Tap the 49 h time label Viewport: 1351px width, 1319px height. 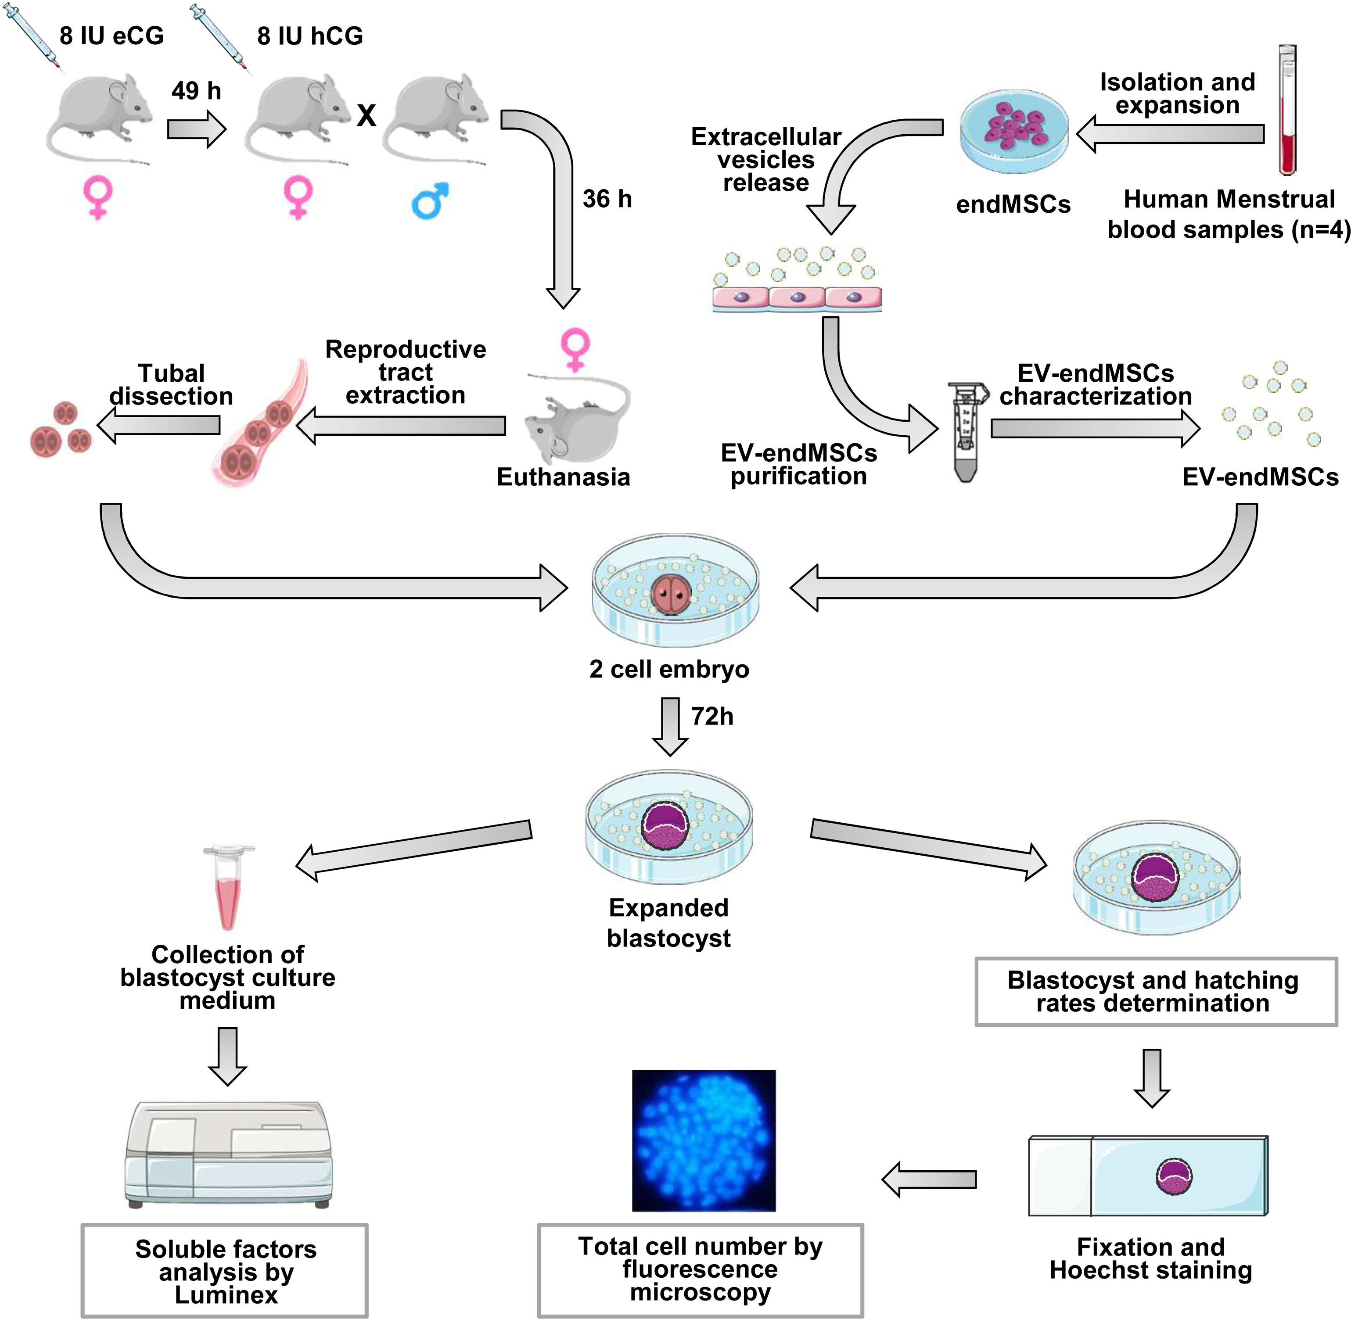[x=196, y=91]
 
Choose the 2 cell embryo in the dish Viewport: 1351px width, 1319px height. [x=670, y=595]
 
